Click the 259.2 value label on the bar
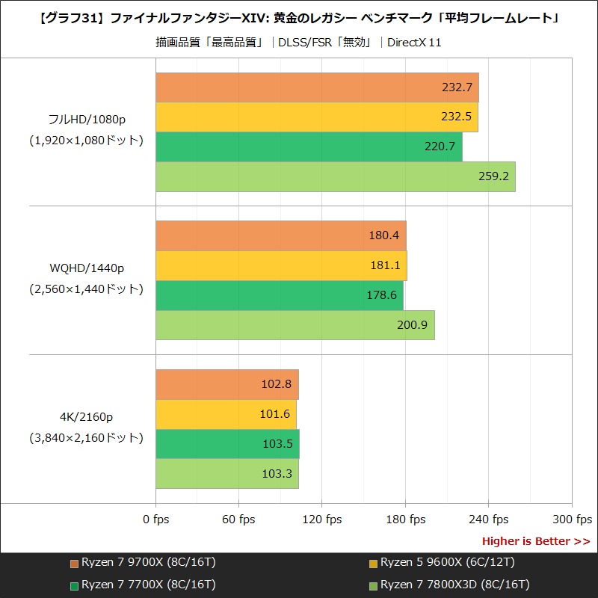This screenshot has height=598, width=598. point(493,177)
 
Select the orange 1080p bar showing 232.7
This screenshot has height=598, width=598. point(317,87)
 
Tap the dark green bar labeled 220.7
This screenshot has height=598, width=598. point(309,147)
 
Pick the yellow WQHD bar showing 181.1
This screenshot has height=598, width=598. point(281,265)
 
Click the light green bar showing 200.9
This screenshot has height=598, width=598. point(295,325)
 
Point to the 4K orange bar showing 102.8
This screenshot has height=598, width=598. point(227,384)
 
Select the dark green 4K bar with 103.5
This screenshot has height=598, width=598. point(227,444)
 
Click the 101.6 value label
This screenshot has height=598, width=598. point(277,414)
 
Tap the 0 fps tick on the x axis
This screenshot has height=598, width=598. point(155,520)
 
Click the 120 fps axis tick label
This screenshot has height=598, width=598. point(321,520)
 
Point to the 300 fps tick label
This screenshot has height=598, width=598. point(572,520)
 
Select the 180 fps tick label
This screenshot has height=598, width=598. point(405,520)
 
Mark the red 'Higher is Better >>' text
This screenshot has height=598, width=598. point(535,541)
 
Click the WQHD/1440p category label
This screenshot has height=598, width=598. point(86,268)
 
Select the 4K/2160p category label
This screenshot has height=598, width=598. point(86,416)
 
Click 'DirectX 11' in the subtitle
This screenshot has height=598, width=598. point(414,43)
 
